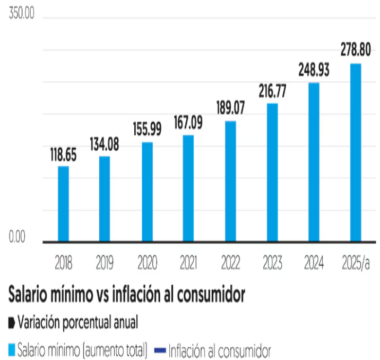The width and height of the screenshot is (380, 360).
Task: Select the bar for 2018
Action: pyautogui.click(x=63, y=204)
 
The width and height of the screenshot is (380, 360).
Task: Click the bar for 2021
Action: pyautogui.click(x=188, y=188)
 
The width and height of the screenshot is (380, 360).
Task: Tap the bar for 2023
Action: pyautogui.click(x=272, y=173)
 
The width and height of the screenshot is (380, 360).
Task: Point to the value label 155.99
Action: pyautogui.click(x=147, y=130)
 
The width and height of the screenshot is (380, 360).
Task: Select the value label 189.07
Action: pyautogui.click(x=230, y=108)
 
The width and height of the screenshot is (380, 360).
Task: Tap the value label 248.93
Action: pyautogui.click(x=314, y=70)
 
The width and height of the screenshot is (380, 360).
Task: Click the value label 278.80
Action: pyautogui.click(x=356, y=50)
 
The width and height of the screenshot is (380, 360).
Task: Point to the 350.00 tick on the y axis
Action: pyautogui.click(x=21, y=14)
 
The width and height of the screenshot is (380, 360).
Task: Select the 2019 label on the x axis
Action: pyautogui.click(x=105, y=263)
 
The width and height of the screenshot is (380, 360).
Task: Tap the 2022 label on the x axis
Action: pyautogui.click(x=230, y=263)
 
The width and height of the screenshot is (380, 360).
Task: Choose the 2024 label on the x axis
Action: pyautogui.click(x=314, y=263)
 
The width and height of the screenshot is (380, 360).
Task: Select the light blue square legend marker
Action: pyautogui.click(x=11, y=350)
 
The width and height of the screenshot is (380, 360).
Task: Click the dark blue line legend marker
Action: pyautogui.click(x=159, y=350)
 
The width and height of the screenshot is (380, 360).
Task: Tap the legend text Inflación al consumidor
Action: pyautogui.click(x=220, y=350)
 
